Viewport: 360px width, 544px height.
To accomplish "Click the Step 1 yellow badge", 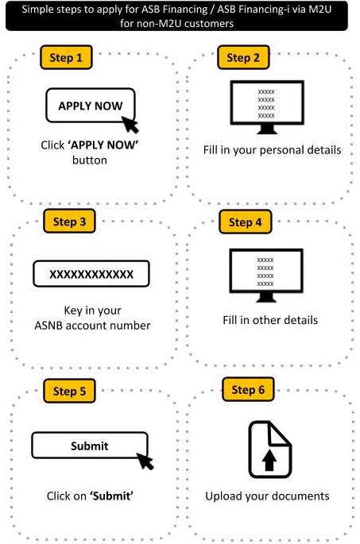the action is coord(66,57).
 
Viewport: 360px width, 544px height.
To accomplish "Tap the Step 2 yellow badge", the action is coord(243,57).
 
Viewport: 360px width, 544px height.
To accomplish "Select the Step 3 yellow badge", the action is coord(69,222).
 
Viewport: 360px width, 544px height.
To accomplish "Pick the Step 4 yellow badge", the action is coord(245,222).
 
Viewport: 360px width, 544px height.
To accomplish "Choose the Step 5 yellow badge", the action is coord(69,391).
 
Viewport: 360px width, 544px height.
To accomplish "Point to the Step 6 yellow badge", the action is coord(248,390).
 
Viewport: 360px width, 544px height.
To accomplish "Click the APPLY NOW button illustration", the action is coord(91,106).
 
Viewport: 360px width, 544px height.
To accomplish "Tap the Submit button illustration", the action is coord(90,446).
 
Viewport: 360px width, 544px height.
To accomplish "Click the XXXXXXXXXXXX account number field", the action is coord(91,274).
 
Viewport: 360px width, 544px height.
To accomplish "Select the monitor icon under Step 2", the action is coord(267,107).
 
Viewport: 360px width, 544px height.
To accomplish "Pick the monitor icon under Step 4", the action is coord(266,276).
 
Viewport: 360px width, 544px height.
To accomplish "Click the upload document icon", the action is coord(270,449).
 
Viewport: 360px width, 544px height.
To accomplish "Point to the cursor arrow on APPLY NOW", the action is coord(130,125).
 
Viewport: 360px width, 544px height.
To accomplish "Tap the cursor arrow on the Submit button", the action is coord(145,461).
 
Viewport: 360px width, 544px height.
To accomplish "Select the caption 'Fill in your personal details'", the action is coord(272,150).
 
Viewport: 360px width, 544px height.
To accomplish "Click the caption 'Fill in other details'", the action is coord(270,320).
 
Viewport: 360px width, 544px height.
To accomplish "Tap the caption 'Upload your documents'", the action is coord(267,496).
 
